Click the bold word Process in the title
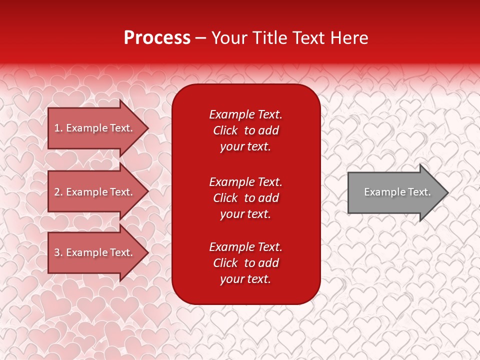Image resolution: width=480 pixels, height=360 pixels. [x=157, y=37]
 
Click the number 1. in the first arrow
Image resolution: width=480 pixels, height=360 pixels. [x=58, y=128]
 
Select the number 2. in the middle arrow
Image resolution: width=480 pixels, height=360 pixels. [x=58, y=192]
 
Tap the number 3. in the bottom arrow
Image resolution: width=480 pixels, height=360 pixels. [x=58, y=252]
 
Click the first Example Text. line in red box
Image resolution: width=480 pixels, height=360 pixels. [x=245, y=114]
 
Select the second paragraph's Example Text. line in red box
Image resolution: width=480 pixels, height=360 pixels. [x=245, y=181]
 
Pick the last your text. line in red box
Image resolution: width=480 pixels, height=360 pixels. [x=245, y=279]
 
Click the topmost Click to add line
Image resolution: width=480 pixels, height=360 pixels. [x=245, y=130]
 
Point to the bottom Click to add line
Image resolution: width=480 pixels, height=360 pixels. [x=245, y=263]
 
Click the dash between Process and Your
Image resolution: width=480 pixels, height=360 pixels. [x=201, y=38]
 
